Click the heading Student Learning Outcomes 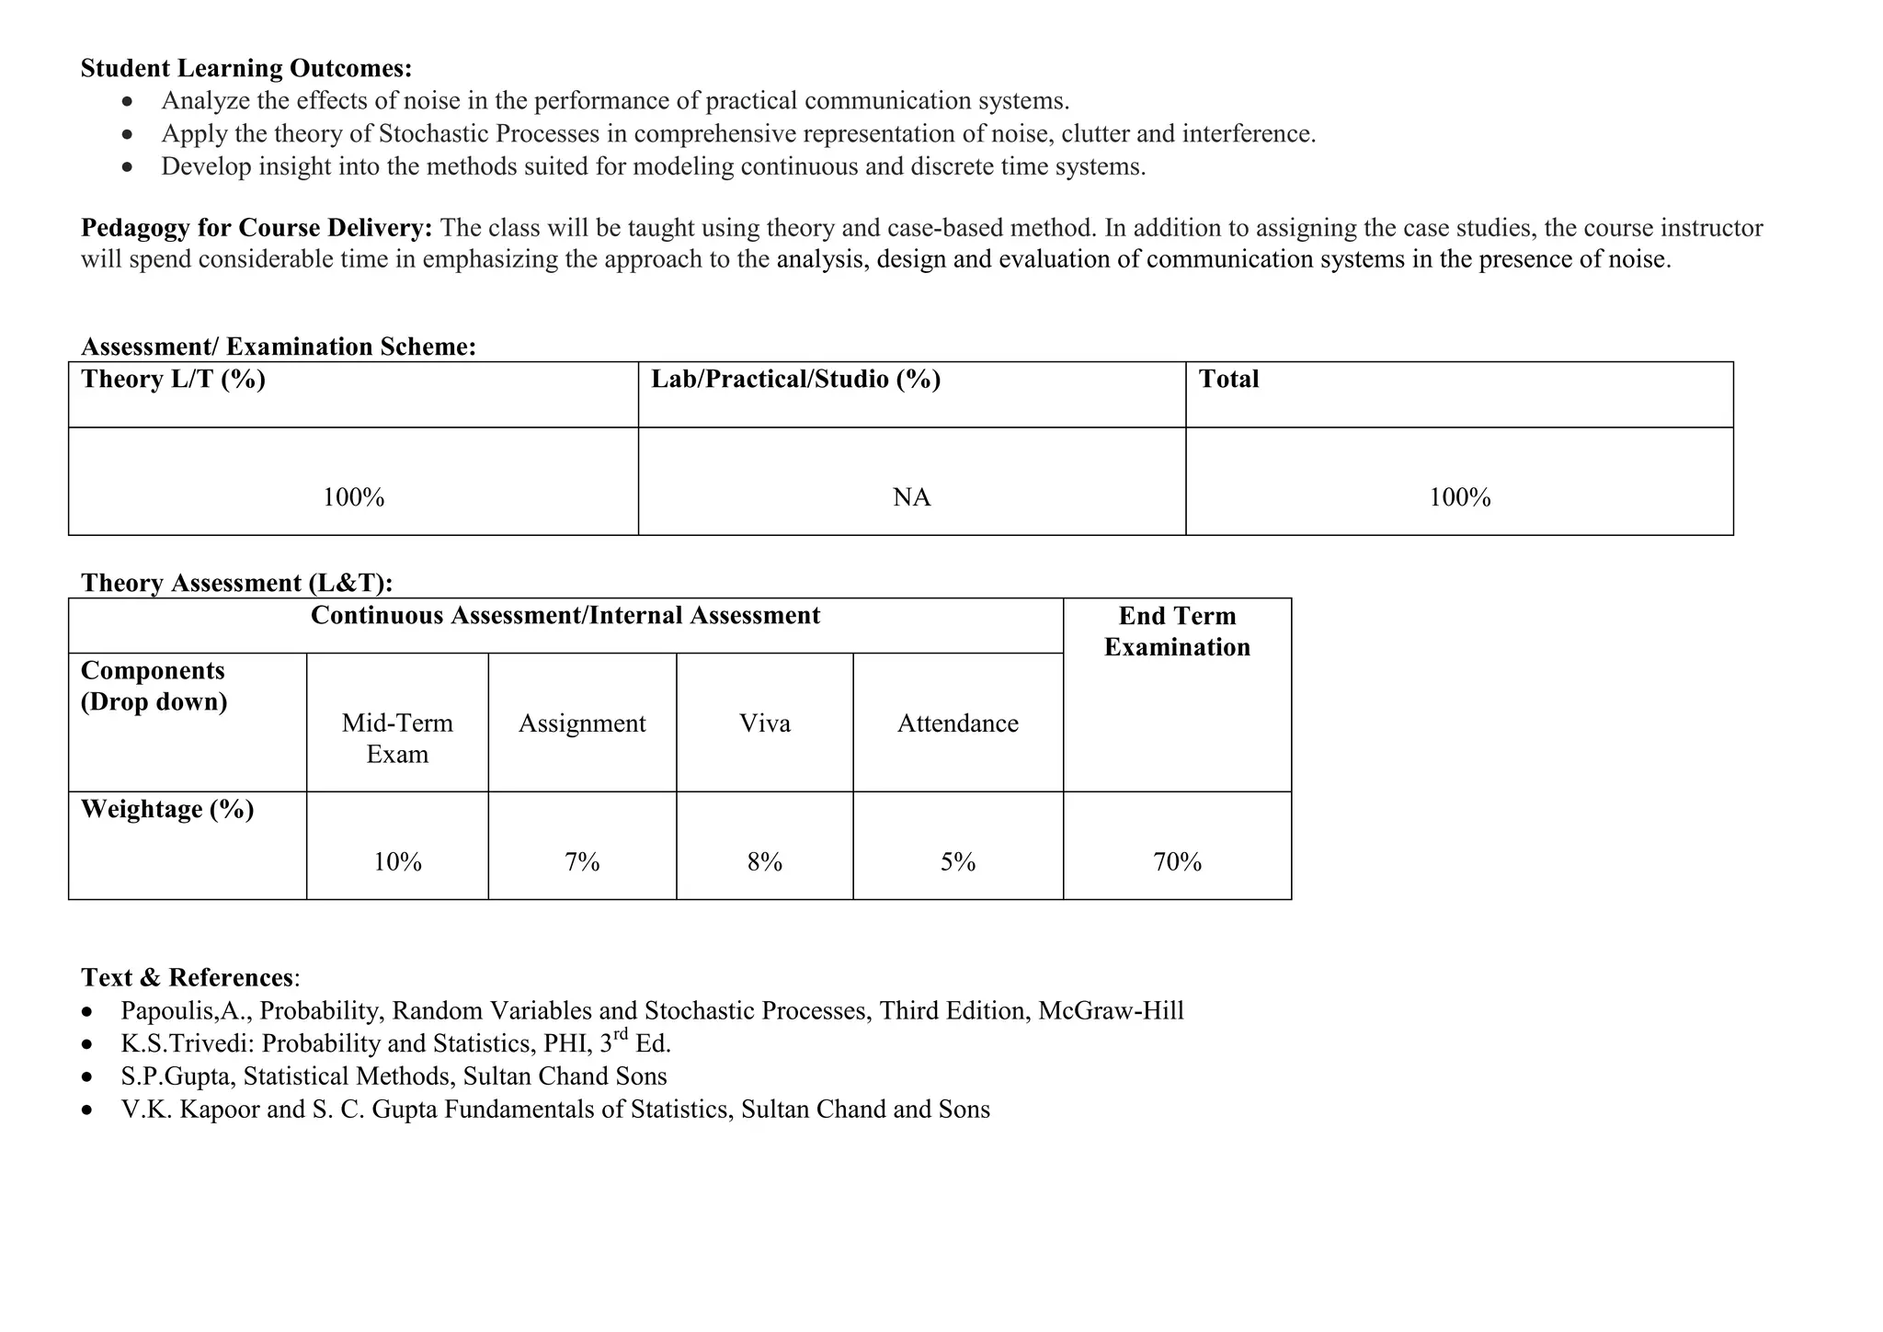pos(246,68)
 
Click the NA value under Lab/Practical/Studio pos(911,497)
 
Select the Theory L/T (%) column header pos(173,380)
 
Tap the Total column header pos(1228,380)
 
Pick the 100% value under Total pos(1459,497)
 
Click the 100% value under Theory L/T pos(353,497)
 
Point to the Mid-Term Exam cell pos(397,738)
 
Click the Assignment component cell pos(582,723)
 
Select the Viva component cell pos(765,723)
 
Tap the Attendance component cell pos(957,723)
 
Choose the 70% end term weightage pos(1177,861)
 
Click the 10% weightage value pos(397,861)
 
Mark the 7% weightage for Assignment pos(582,861)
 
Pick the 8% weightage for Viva pos(765,861)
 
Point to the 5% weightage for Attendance pos(957,861)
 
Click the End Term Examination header pos(1177,632)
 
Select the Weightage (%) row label pos(167,809)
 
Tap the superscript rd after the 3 pos(621,1035)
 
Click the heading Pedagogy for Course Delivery pos(257,227)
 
